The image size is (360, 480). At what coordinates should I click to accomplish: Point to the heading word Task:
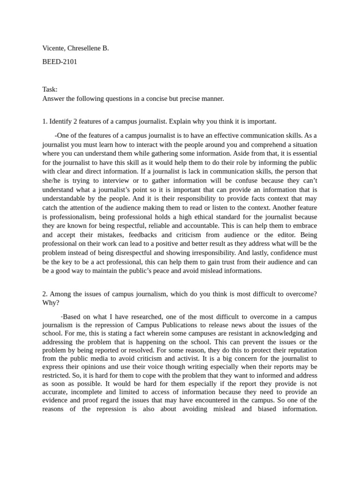pos(50,90)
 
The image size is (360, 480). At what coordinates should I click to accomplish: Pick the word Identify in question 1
pos(62,121)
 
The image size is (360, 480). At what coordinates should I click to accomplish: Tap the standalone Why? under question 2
pos(51,303)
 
